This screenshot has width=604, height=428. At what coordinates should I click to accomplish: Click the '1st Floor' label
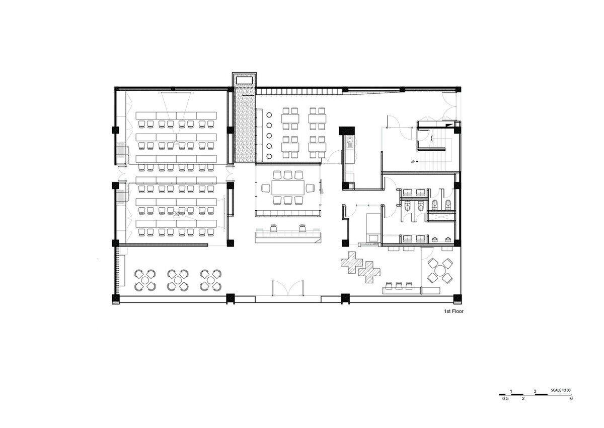454,312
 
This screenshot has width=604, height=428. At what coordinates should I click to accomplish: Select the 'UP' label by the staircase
412,162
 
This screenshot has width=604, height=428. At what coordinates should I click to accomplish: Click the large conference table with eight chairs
288,188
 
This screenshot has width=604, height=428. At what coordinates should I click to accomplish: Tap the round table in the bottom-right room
440,271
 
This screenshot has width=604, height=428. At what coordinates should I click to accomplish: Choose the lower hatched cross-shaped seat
369,272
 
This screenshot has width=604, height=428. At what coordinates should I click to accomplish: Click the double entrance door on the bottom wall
288,288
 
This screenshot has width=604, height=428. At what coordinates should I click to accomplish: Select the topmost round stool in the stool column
269,115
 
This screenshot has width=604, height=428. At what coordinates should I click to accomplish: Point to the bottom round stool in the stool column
269,156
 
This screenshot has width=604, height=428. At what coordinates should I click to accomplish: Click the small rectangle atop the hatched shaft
244,80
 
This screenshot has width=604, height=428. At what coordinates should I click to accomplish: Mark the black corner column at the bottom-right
457,298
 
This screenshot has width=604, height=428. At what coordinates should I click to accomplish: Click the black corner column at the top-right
458,89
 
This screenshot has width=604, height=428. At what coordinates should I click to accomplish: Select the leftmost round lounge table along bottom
145,280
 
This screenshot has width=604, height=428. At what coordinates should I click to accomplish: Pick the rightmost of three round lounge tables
211,280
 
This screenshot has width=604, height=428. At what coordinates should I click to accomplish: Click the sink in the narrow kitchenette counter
350,139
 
